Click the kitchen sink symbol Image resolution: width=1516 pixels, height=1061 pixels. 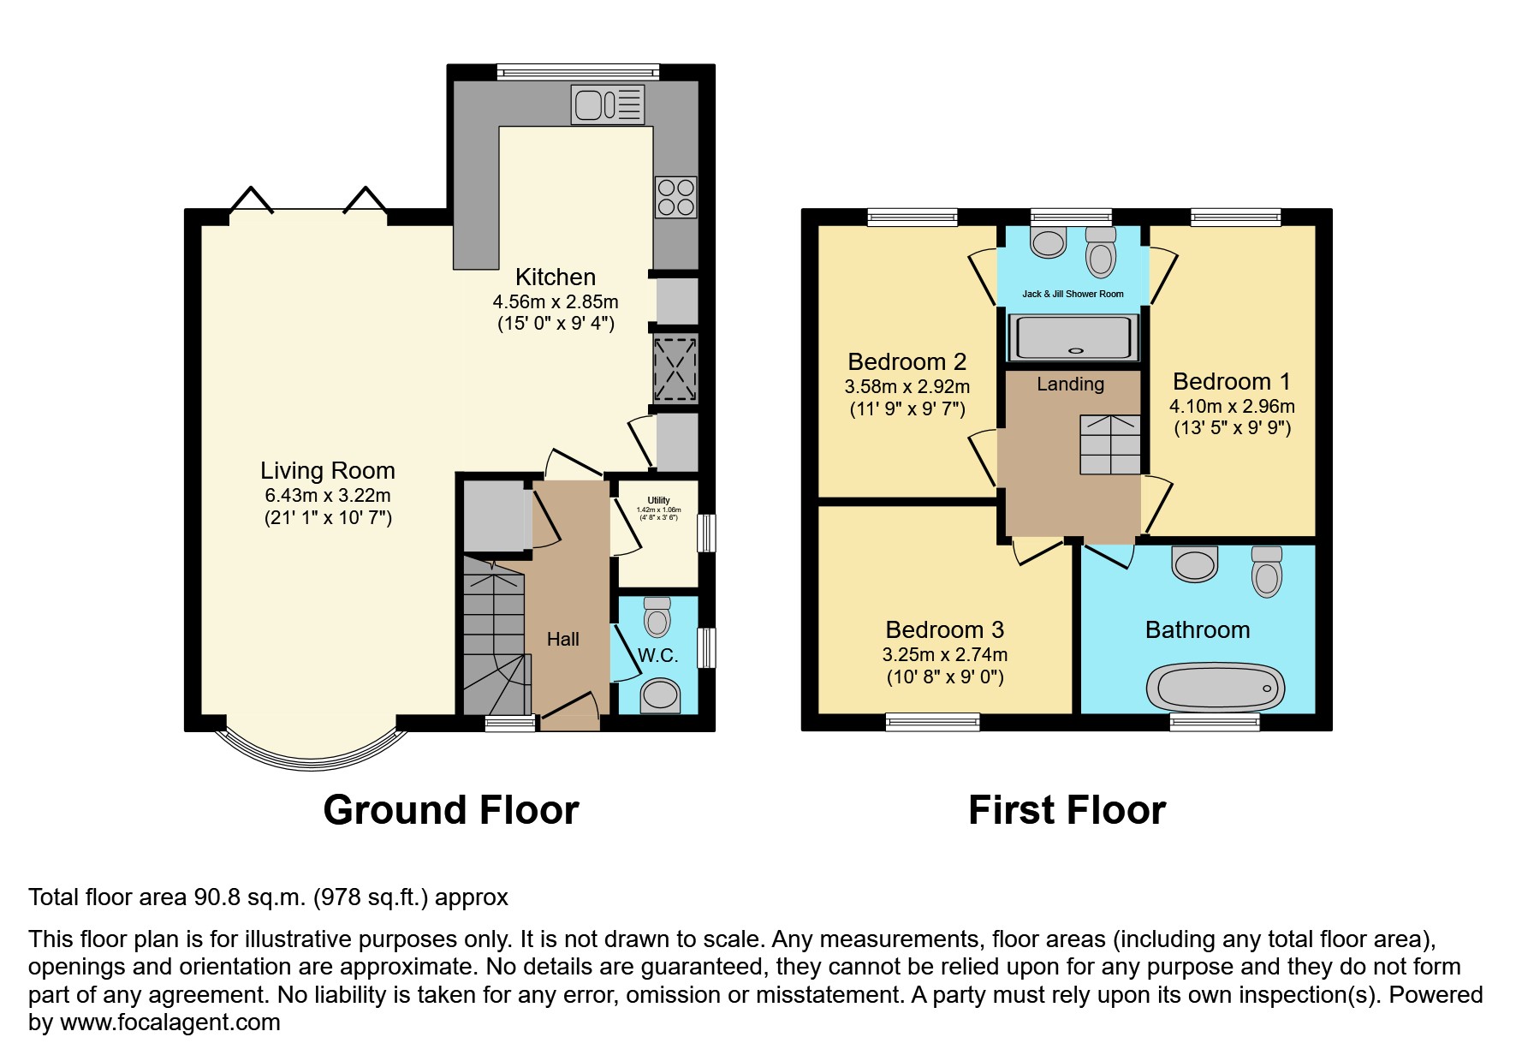(x=608, y=104)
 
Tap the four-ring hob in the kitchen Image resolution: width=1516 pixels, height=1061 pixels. (x=675, y=197)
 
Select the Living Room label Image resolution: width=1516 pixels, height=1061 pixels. (x=327, y=470)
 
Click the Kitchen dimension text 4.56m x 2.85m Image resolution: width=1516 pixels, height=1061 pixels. (x=555, y=301)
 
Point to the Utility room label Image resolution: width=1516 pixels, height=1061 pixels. (x=658, y=500)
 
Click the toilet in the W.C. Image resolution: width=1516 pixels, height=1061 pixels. (x=657, y=617)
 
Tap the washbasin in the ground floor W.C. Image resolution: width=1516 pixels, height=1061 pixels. (x=660, y=694)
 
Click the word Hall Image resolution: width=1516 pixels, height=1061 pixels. (x=562, y=639)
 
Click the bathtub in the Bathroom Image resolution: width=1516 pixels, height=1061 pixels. (x=1214, y=688)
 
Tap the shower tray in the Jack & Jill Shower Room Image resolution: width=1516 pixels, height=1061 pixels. (x=1073, y=337)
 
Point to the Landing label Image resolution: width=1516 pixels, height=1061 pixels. (x=1070, y=384)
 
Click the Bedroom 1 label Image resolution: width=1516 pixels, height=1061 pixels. (x=1231, y=381)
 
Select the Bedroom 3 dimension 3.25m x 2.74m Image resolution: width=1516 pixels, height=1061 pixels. (x=944, y=654)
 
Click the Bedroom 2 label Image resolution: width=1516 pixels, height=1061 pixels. (x=907, y=361)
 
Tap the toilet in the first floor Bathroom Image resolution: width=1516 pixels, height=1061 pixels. (x=1266, y=571)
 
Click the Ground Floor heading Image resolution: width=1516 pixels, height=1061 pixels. (x=450, y=809)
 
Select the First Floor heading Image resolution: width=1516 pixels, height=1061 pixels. (x=1067, y=809)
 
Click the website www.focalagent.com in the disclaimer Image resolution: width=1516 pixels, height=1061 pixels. (x=169, y=1022)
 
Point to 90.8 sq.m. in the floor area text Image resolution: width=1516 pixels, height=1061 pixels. (x=249, y=897)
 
